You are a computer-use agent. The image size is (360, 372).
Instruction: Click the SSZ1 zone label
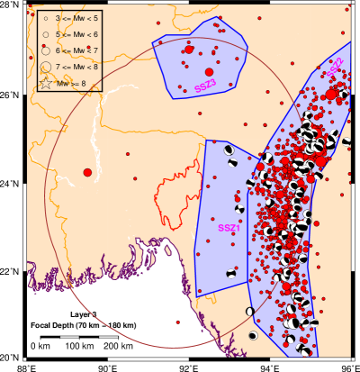tap(229, 228)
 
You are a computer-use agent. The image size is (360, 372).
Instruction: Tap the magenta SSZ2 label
tap(335, 67)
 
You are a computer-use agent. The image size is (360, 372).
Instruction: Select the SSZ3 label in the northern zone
tap(205, 86)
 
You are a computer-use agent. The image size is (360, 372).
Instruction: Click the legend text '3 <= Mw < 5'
tap(76, 18)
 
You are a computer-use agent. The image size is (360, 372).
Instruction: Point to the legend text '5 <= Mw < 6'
tap(76, 34)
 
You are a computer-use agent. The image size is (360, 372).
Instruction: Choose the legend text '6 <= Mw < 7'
tap(76, 50)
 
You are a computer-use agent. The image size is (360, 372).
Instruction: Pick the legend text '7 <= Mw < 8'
tap(76, 67)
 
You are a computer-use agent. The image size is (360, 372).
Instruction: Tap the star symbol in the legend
tap(45, 84)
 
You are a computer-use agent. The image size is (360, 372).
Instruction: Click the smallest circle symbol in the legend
tap(45, 18)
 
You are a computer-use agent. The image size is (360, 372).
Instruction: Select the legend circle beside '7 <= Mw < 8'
tap(45, 67)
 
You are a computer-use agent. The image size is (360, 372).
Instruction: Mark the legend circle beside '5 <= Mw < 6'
tap(45, 34)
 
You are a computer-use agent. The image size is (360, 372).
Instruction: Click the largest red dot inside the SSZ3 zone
tap(209, 72)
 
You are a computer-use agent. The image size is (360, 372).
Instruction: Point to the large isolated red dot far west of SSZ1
tap(87, 172)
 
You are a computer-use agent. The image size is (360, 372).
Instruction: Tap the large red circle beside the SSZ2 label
tap(331, 94)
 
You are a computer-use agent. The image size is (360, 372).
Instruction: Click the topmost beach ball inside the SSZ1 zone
tap(229, 150)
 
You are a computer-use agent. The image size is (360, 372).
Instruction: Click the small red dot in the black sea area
tap(177, 322)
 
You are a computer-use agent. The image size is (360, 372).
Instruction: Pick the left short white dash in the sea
tap(69, 337)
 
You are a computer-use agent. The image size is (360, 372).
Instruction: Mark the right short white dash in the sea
tap(108, 337)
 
